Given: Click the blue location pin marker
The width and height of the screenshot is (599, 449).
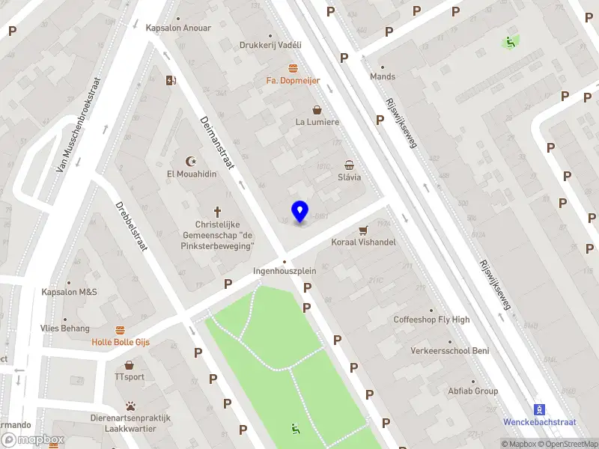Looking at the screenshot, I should coord(299,211).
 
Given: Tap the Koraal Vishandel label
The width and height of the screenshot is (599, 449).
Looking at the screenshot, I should coord(363,242).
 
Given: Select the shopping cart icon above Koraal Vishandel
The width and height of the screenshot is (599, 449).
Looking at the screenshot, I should coord(364,230).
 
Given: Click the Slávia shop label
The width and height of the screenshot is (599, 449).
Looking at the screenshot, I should coord(349,177).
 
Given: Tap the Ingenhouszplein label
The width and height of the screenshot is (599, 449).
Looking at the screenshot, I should coord(284,272).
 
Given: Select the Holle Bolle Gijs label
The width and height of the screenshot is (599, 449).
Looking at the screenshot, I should coord(121,342).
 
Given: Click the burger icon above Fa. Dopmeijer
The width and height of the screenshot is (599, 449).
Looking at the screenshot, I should coord(293,68).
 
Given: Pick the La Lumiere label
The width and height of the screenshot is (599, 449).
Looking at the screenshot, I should coord(317,122).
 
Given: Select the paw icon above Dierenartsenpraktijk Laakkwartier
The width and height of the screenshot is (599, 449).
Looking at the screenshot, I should coord(131,406).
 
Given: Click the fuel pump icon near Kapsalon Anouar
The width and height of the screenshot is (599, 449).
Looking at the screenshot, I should coord(171,81).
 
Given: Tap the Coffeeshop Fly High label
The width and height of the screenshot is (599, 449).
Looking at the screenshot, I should coord(432,320).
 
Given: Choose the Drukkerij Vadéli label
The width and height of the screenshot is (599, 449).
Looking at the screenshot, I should coord(270,45).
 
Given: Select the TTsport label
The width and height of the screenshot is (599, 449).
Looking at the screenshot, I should coord(130,377).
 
